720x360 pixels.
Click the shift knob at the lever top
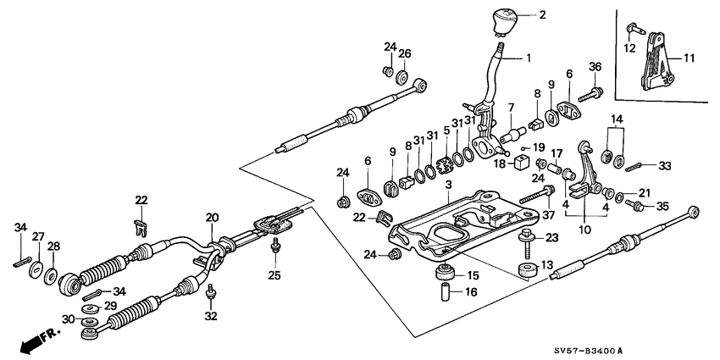pos(502,19)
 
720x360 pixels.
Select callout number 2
pos(542,14)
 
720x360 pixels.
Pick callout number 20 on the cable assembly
pos(213,217)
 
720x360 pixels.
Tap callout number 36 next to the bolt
pos(595,68)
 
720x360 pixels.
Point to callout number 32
pos(211,316)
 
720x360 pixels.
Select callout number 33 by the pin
pos(663,165)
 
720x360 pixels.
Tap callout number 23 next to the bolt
pos(551,238)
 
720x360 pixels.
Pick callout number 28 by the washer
pos(53,246)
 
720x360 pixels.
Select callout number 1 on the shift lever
pos(529,58)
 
